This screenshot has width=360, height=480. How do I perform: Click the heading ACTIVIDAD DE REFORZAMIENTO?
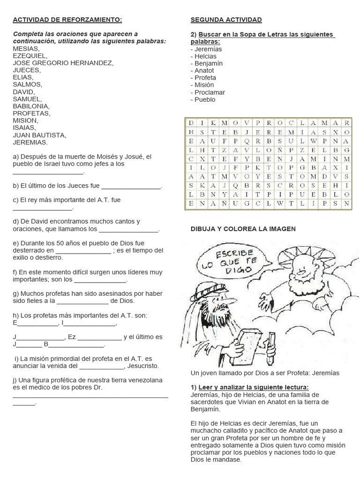click(x=67, y=20)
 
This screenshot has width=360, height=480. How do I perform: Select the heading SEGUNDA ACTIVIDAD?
click(x=226, y=20)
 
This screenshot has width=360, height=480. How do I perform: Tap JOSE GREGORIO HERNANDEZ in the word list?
click(x=63, y=63)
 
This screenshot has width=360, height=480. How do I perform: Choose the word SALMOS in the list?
click(x=28, y=84)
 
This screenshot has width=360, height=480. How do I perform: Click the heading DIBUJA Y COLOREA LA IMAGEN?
click(x=243, y=229)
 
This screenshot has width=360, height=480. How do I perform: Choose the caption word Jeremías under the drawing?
click(x=326, y=373)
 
